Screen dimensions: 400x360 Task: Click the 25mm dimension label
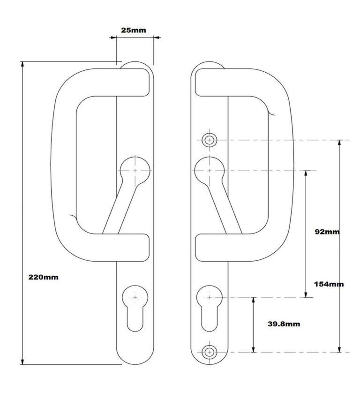pos(134,30)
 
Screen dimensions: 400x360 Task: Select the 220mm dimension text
pos(44,277)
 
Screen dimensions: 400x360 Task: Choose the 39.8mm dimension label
pos(284,324)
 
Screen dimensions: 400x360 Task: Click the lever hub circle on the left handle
pos(135,171)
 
